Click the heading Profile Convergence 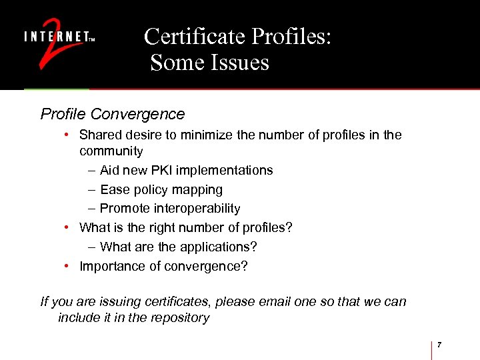[112, 114]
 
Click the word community [111, 151]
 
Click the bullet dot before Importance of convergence [68, 266]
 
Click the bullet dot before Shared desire [68, 135]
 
